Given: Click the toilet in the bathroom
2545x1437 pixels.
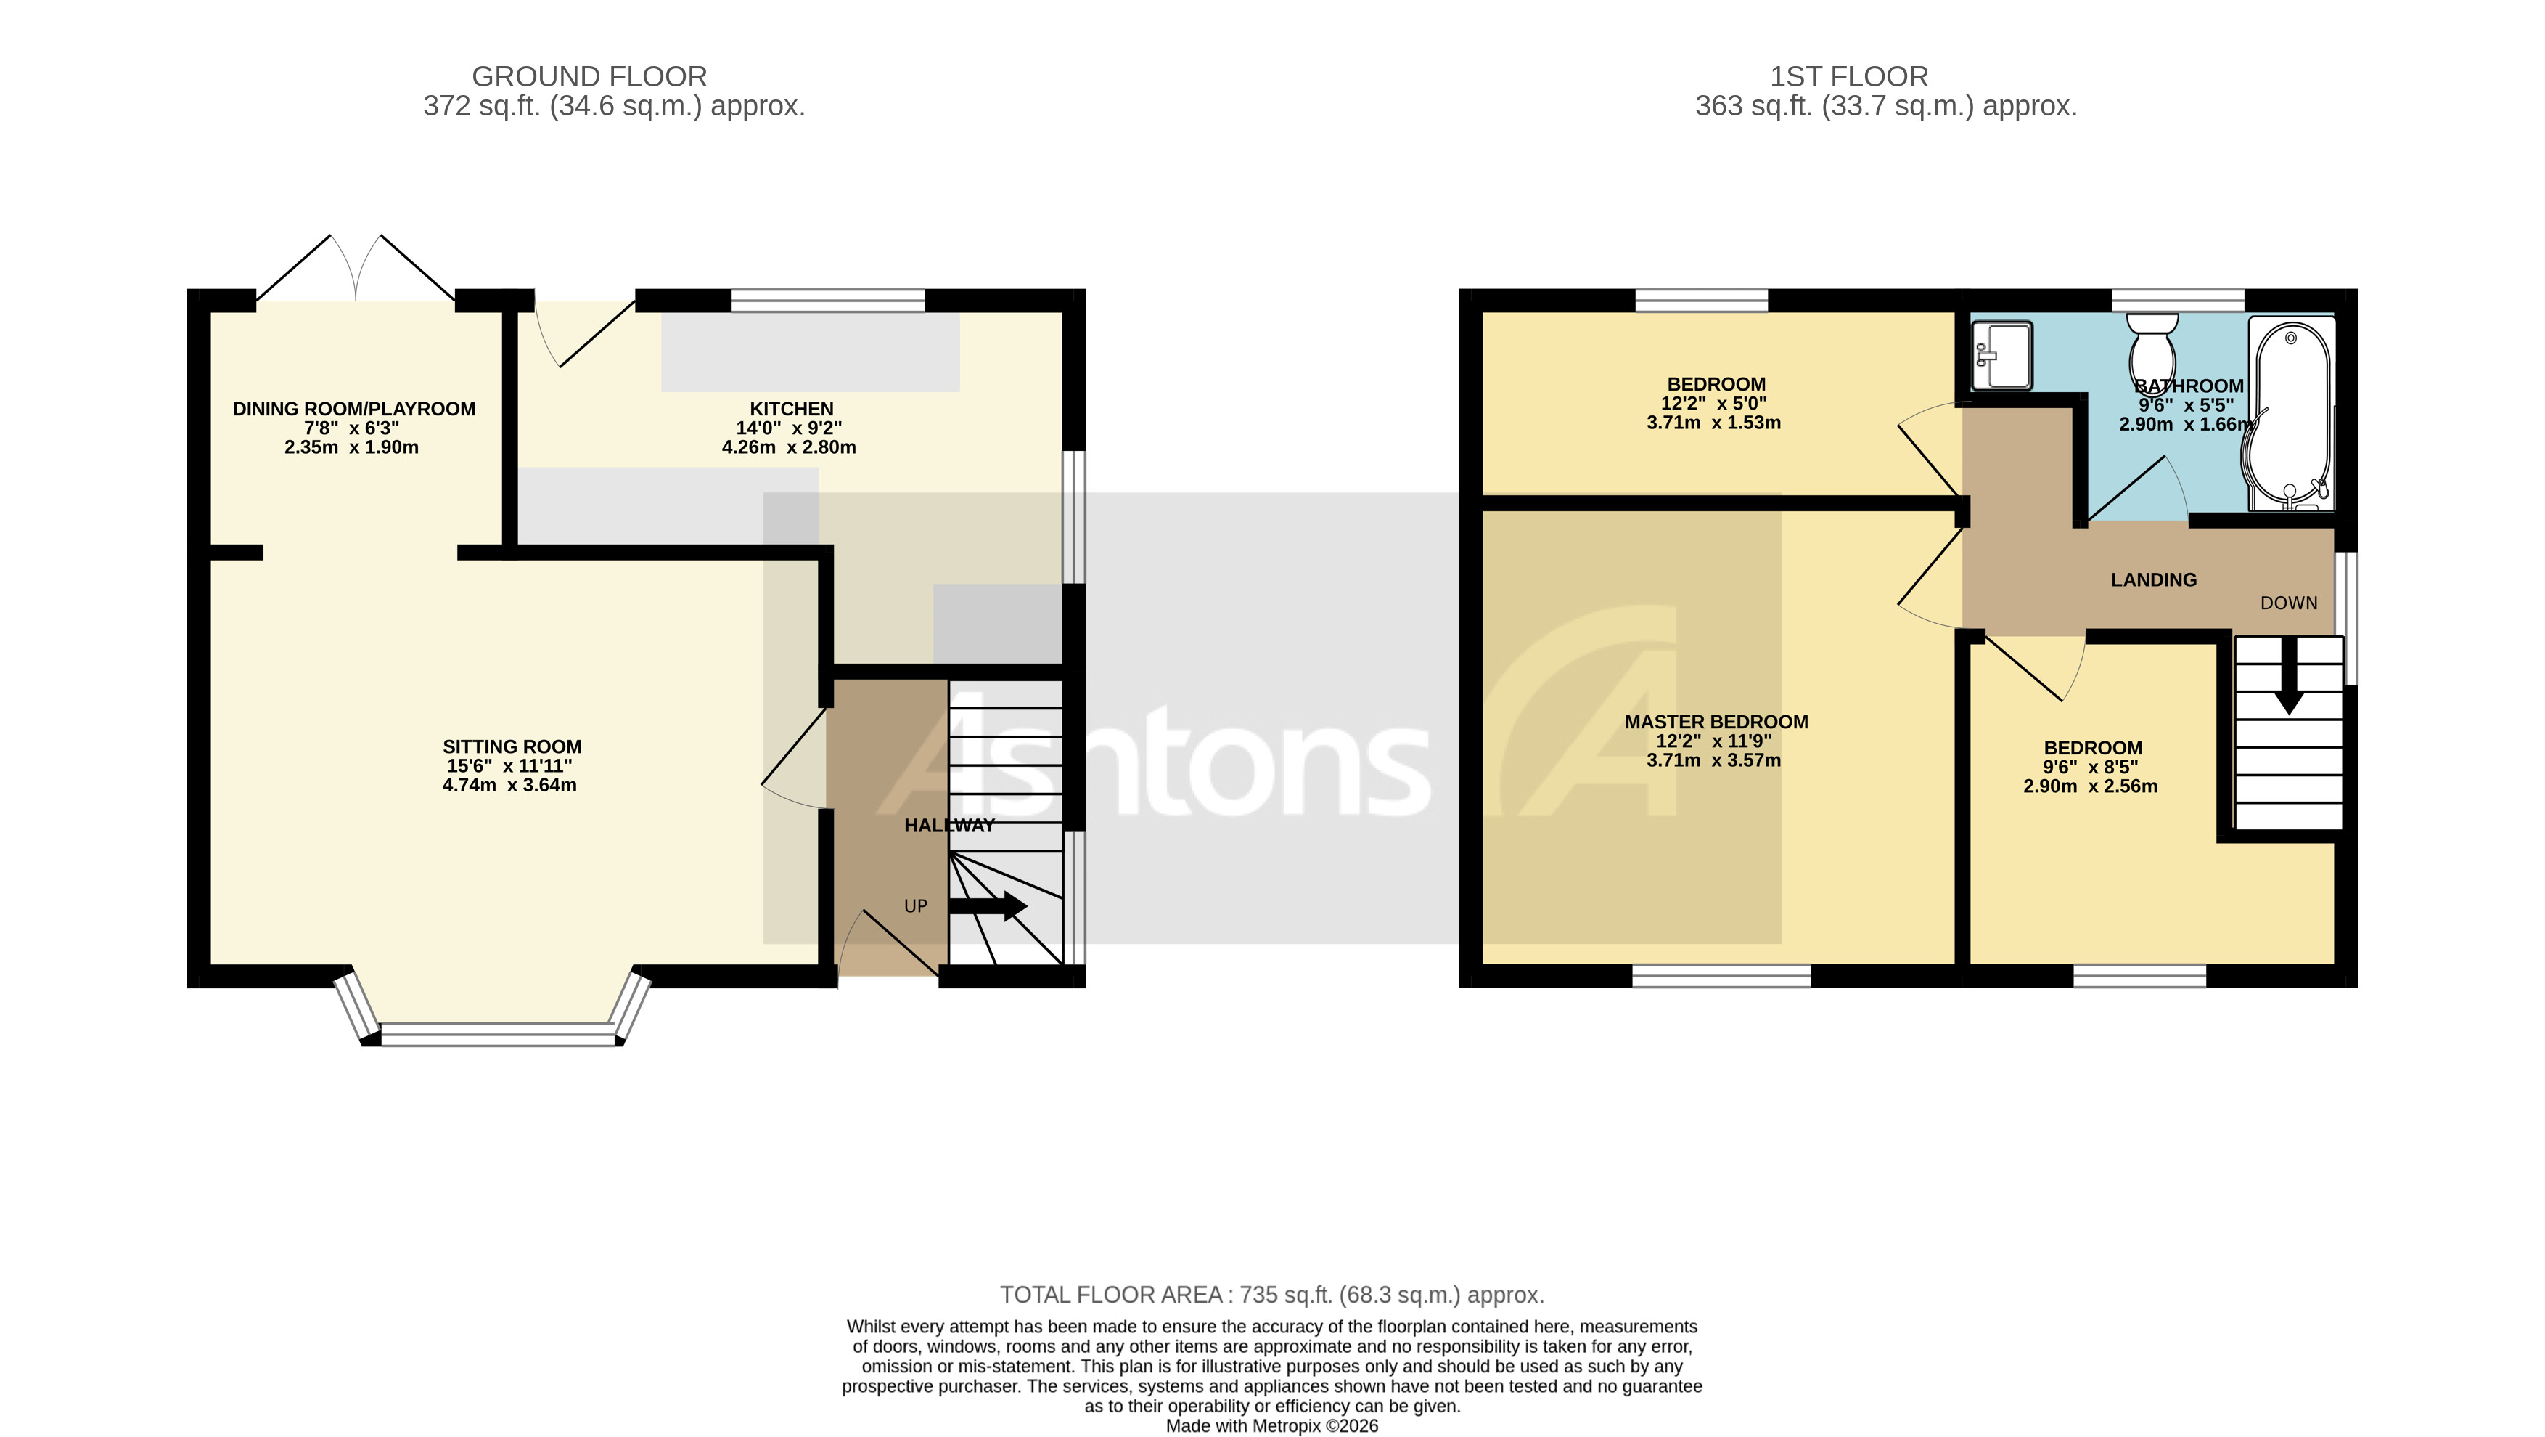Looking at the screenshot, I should click(2152, 351).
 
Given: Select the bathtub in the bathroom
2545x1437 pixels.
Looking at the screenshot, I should click(2290, 413).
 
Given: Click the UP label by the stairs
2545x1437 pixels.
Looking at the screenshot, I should click(916, 906).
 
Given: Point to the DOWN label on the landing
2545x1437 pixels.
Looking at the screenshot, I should click(2288, 603).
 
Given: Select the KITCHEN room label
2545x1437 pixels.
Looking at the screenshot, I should click(791, 409).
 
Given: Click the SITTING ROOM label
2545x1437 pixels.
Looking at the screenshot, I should click(512, 747).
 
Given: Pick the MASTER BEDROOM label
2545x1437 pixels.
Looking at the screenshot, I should click(1716, 722).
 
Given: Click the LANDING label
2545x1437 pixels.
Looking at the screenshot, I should click(2154, 580).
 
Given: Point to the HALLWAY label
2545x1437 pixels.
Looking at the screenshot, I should click(949, 825).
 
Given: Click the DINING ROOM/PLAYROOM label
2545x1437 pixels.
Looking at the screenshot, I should click(353, 409).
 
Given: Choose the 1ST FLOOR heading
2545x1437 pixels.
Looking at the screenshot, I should click(1848, 76).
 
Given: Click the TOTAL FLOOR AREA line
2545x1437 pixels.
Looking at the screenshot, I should click(1271, 1295).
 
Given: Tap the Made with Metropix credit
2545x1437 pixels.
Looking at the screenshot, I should click(1271, 1426).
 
